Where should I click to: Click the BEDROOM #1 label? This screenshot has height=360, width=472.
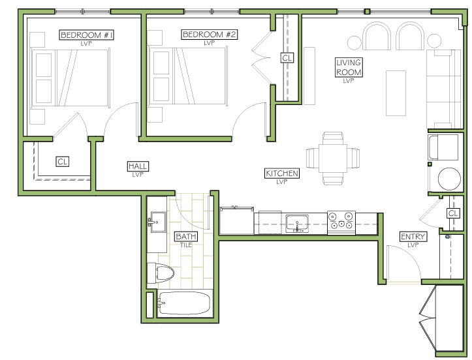pyautogui.click(x=87, y=35)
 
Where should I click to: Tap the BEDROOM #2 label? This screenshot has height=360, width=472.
pyautogui.click(x=209, y=35)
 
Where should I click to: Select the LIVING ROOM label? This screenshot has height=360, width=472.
pyautogui.click(x=349, y=67)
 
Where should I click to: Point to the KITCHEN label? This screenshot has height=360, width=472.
pyautogui.click(x=282, y=173)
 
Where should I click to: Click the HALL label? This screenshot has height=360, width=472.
pyautogui.click(x=138, y=166)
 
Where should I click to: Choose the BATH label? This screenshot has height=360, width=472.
pyautogui.click(x=186, y=236)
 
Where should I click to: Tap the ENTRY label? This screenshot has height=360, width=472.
pyautogui.click(x=413, y=237)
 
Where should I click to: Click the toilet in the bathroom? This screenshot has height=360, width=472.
pyautogui.click(x=161, y=273)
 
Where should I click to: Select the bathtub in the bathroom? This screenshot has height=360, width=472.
pyautogui.click(x=184, y=303)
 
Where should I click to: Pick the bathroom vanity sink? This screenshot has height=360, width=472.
pyautogui.click(x=158, y=222)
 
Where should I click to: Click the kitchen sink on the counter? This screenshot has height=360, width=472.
pyautogui.click(x=297, y=224)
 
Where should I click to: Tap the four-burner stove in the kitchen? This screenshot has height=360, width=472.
pyautogui.click(x=341, y=223)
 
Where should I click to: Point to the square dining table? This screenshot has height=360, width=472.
pyautogui.click(x=333, y=158)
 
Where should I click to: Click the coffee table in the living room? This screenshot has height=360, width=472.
pyautogui.click(x=396, y=93)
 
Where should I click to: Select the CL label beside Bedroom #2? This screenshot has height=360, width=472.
pyautogui.click(x=287, y=57)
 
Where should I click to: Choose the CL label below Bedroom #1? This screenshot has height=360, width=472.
pyautogui.click(x=63, y=162)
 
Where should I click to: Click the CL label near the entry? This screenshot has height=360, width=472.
pyautogui.click(x=453, y=213)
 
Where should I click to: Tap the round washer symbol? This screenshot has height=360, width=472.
pyautogui.click(x=449, y=179)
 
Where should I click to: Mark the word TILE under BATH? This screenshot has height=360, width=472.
pyautogui.click(x=186, y=245)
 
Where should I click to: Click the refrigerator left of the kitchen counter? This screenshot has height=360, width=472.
pyautogui.click(x=236, y=220)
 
